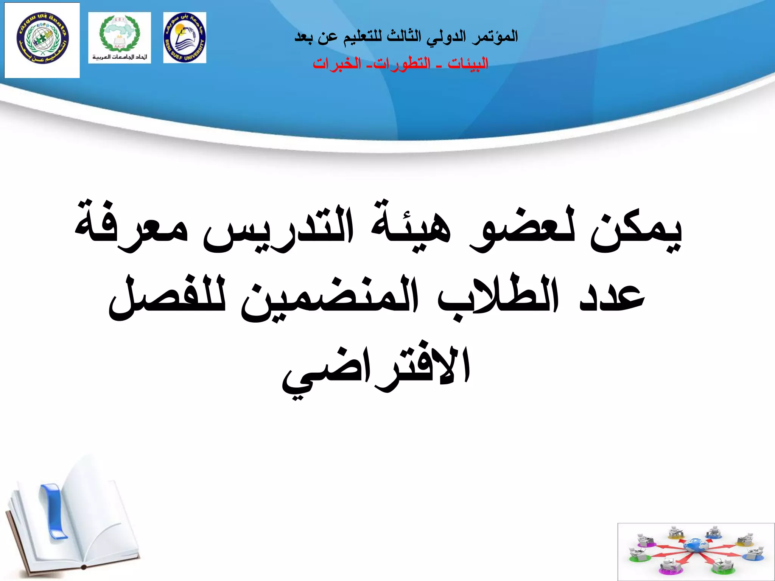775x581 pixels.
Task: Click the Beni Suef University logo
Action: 185,37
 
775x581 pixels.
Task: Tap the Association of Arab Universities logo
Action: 120,37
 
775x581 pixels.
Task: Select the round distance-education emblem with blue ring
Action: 42,39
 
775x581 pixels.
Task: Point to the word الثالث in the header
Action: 404,37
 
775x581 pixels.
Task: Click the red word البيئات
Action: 468,64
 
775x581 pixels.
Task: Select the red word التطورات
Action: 402,64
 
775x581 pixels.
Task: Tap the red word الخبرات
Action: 337,64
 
